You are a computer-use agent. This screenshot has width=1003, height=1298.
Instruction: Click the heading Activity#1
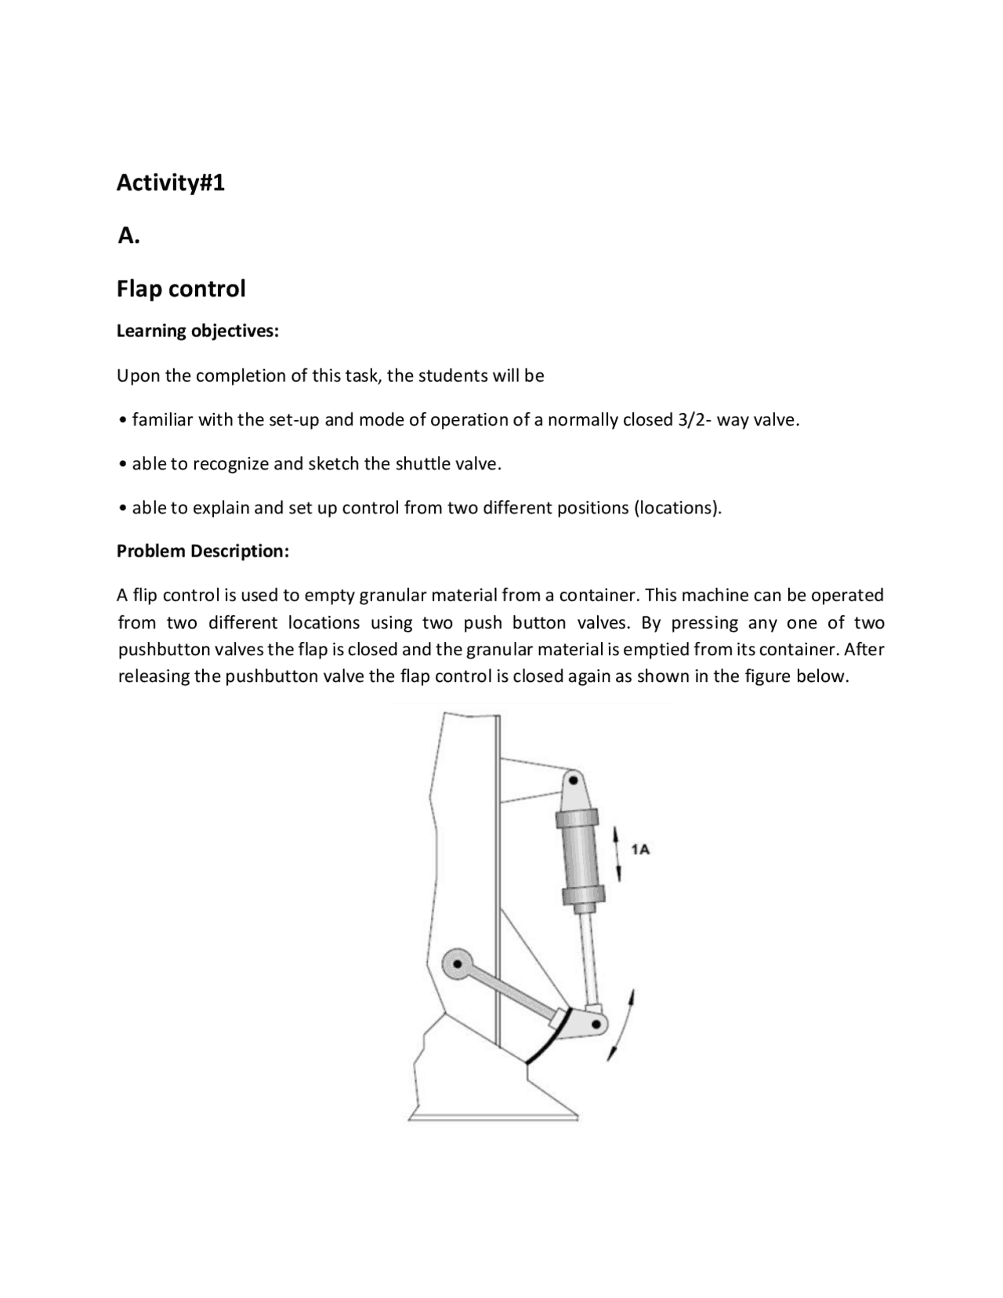click(x=170, y=183)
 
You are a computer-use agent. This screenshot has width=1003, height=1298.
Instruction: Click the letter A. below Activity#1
click(x=128, y=235)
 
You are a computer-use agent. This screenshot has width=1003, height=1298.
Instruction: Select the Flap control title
click(x=181, y=288)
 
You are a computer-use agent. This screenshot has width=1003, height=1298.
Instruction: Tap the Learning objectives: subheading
click(x=197, y=331)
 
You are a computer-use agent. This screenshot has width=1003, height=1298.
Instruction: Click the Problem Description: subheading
click(x=203, y=551)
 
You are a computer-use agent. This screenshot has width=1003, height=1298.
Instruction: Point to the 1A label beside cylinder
click(x=640, y=849)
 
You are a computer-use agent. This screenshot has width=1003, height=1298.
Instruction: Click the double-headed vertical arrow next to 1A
click(x=618, y=852)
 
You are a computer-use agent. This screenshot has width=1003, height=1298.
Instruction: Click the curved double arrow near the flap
click(x=621, y=1025)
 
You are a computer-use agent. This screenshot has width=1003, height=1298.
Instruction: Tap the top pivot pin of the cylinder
click(x=574, y=781)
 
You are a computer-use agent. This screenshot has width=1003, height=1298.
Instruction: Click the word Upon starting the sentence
click(x=137, y=375)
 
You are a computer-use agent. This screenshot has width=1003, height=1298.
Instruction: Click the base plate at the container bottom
click(x=494, y=1116)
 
